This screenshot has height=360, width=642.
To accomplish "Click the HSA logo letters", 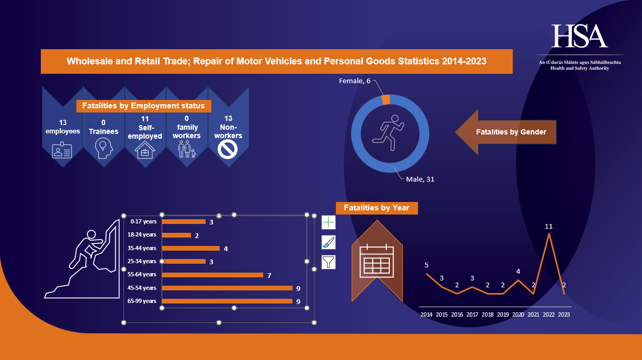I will (x=579, y=36).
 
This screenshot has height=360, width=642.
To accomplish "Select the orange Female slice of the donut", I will (x=386, y=99).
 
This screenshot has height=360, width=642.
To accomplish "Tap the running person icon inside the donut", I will (x=388, y=129).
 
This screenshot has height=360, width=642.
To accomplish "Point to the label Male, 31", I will (x=420, y=179).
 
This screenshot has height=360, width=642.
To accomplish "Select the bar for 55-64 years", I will (x=212, y=275).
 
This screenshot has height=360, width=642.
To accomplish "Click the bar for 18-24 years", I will (x=176, y=235).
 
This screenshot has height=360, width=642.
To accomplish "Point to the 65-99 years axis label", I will (x=142, y=301).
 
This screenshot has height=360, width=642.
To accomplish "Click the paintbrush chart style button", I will (x=328, y=242).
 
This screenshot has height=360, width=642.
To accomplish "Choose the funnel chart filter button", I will (x=328, y=262).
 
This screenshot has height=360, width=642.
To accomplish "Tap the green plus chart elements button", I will (x=328, y=222).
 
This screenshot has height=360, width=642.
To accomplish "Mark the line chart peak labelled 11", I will (x=549, y=233).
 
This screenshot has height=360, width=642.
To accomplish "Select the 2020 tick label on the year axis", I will (x=518, y=314).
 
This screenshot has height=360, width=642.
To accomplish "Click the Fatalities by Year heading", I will (x=377, y=208).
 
